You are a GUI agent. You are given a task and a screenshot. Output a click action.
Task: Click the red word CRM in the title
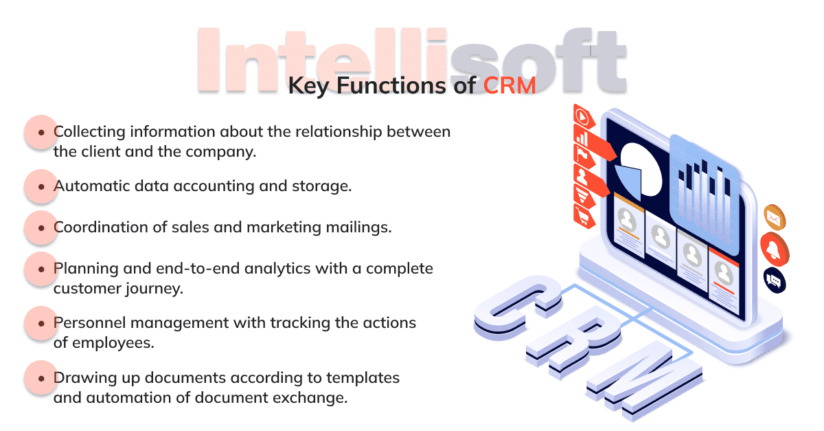click(x=510, y=86)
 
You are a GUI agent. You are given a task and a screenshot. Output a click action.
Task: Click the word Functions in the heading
click(x=392, y=86)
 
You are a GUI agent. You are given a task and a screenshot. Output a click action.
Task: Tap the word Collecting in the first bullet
click(x=89, y=132)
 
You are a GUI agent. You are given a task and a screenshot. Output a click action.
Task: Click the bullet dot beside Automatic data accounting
click(x=41, y=187)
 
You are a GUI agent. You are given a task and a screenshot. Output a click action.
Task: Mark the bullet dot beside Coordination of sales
click(x=41, y=228)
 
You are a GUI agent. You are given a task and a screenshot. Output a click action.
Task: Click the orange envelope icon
click(x=775, y=218)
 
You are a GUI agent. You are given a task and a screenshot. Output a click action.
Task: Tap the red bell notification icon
click(x=775, y=250)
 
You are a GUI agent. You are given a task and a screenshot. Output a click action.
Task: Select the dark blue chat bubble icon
click(x=775, y=281)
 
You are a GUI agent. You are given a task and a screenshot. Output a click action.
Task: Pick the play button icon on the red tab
click(x=582, y=117)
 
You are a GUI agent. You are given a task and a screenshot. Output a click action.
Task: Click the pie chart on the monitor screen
click(x=638, y=170)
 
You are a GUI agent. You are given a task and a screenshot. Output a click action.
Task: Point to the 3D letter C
click(x=518, y=308)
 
